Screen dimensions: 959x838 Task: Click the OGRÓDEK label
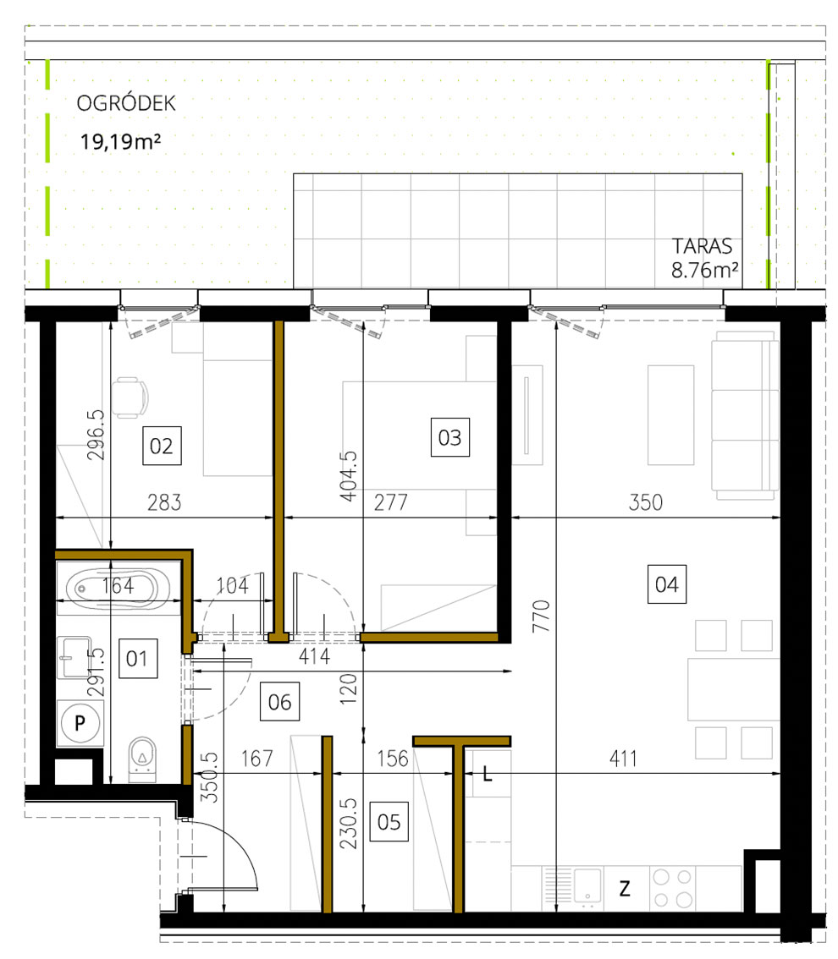pos(125,104)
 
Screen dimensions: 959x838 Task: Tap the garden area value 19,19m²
pos(121,140)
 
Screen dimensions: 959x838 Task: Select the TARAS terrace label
pos(702,247)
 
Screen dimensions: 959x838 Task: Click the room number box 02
pos(161,445)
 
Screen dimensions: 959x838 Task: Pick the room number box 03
pos(449,437)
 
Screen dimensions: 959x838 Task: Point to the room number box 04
pos(666,584)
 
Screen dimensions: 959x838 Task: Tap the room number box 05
pos(389,821)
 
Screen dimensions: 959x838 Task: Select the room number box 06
pos(279,701)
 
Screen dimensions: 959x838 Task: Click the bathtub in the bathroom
pos(119,584)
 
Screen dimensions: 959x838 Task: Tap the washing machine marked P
pos(80,722)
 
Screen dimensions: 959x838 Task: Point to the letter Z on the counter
pos(625,889)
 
